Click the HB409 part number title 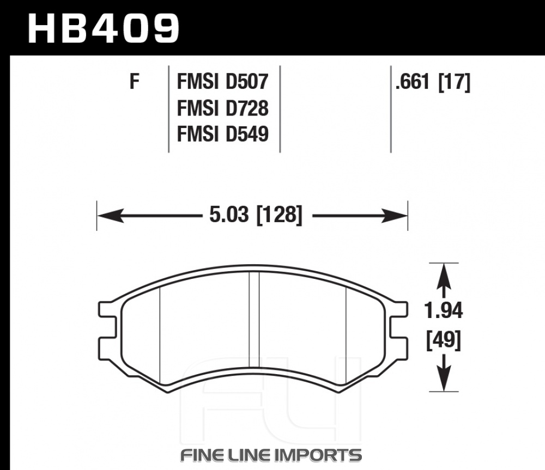click(103, 29)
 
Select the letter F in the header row click(135, 82)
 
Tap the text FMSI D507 click(223, 82)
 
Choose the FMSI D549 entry click(223, 134)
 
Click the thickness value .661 click(413, 82)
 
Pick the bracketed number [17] click(455, 82)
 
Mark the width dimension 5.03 click(229, 215)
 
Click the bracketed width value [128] click(279, 215)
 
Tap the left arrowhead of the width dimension click(111, 216)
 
